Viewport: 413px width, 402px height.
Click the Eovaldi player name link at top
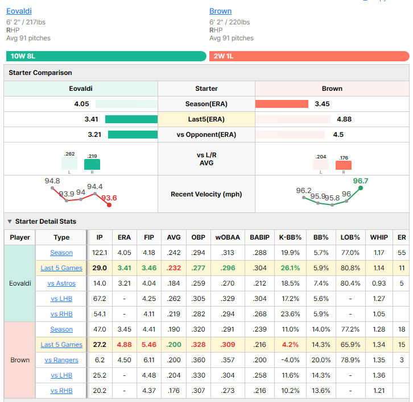click(x=19, y=11)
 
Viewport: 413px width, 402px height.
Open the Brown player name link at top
click(x=221, y=11)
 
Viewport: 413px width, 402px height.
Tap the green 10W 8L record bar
click(x=106, y=56)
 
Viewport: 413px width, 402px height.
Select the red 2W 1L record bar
click(x=309, y=56)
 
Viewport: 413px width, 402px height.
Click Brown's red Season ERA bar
click(x=282, y=104)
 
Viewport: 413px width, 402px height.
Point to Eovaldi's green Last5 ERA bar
click(x=131, y=119)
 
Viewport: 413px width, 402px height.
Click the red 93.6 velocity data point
click(x=109, y=205)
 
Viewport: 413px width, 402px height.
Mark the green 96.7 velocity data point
click(x=361, y=188)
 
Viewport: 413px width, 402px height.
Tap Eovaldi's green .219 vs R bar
click(x=92, y=164)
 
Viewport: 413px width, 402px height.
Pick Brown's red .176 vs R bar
click(x=344, y=165)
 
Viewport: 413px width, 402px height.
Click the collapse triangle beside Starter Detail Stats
click(x=10, y=221)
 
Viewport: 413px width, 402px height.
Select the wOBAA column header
click(x=228, y=237)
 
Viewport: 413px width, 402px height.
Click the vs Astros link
click(x=61, y=283)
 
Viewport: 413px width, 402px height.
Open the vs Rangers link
click(x=61, y=360)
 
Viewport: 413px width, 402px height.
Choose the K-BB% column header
click(x=290, y=237)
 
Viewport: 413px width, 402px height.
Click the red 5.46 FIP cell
click(x=149, y=345)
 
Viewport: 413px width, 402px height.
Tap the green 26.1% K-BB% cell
click(x=290, y=268)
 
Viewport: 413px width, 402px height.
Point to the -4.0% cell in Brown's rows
click(x=290, y=360)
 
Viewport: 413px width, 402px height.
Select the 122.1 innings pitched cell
click(x=100, y=253)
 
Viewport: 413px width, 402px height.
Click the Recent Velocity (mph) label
click(x=206, y=194)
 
